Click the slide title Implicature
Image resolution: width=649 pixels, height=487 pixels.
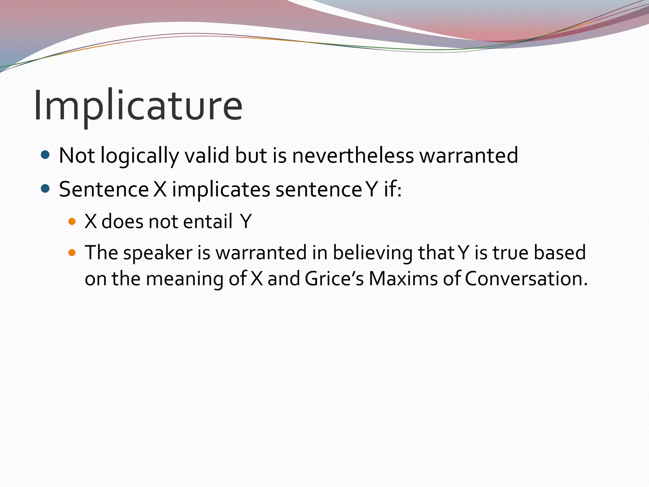tap(138, 106)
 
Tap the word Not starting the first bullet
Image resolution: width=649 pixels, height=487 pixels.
tap(77, 156)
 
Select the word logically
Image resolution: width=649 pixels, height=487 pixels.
tap(140, 156)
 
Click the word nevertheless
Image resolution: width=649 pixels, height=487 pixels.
tap(353, 156)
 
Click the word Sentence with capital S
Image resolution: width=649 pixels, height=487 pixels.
tap(104, 189)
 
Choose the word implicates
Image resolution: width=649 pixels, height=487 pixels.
tap(221, 189)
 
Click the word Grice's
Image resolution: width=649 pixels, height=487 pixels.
tap(334, 279)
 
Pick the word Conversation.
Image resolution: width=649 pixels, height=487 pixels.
tap(526, 279)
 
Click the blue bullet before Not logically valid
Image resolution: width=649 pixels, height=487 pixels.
tap(46, 155)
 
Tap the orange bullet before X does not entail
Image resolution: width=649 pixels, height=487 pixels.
tap(72, 221)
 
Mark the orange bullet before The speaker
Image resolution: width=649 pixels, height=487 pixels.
tap(72, 253)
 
